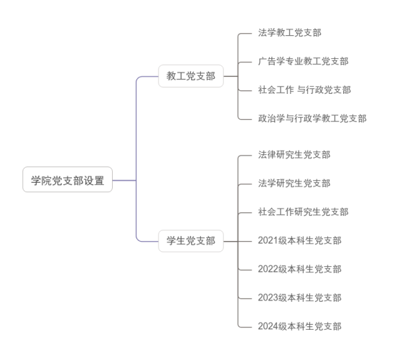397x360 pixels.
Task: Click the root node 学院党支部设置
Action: [x=67, y=179]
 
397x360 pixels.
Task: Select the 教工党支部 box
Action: [x=191, y=76]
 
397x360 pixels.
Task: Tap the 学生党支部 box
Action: [x=191, y=241]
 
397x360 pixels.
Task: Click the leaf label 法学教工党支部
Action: [x=289, y=33]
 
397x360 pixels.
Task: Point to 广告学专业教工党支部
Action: [x=303, y=61]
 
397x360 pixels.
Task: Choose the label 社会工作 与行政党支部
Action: [x=304, y=90]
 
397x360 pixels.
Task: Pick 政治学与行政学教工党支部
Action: [x=312, y=118]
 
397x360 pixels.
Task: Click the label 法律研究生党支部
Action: [x=294, y=155]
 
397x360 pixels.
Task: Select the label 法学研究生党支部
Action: [x=294, y=183]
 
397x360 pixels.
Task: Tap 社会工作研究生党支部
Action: [x=303, y=212]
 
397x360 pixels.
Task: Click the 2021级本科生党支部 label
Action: [x=299, y=240]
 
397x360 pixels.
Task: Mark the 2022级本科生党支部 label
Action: [x=299, y=269]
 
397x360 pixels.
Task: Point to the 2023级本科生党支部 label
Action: [x=299, y=298]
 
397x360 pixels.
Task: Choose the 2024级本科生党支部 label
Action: [x=299, y=326]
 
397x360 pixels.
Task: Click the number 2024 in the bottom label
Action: [x=268, y=326]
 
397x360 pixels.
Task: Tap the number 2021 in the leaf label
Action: [x=268, y=240]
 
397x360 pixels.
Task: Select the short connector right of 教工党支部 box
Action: [x=230, y=76]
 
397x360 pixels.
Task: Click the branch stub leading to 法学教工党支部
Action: [x=245, y=34]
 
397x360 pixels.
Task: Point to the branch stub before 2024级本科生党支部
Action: [x=245, y=327]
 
